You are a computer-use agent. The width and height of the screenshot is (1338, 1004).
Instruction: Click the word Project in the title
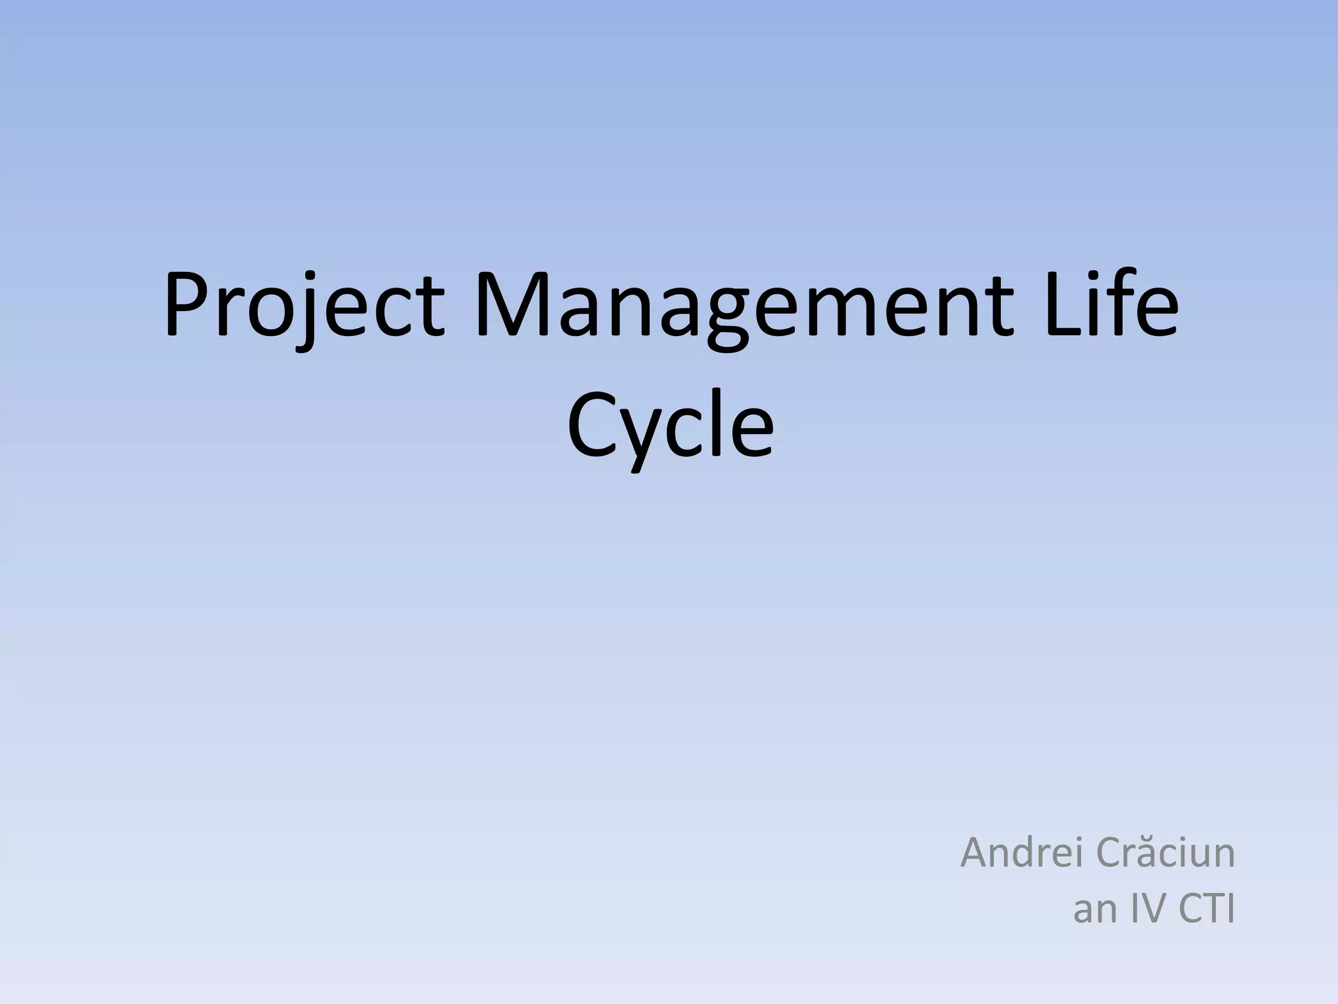point(304,305)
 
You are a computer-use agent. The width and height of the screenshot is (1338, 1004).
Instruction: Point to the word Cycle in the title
point(670,425)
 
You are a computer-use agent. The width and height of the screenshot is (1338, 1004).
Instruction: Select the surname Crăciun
point(1165,853)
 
